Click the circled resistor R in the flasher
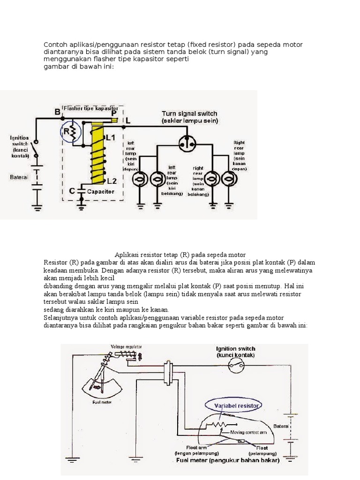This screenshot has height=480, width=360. point(68,133)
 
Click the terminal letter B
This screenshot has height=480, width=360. point(58,112)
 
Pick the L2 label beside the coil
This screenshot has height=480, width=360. point(112,181)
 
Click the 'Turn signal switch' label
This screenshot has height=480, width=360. point(189,113)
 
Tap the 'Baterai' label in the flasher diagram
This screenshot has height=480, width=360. point(19,177)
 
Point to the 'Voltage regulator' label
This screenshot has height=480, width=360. point(126,347)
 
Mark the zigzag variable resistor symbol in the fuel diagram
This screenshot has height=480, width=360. point(217,424)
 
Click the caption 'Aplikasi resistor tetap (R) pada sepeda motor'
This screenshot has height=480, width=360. point(180,254)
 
